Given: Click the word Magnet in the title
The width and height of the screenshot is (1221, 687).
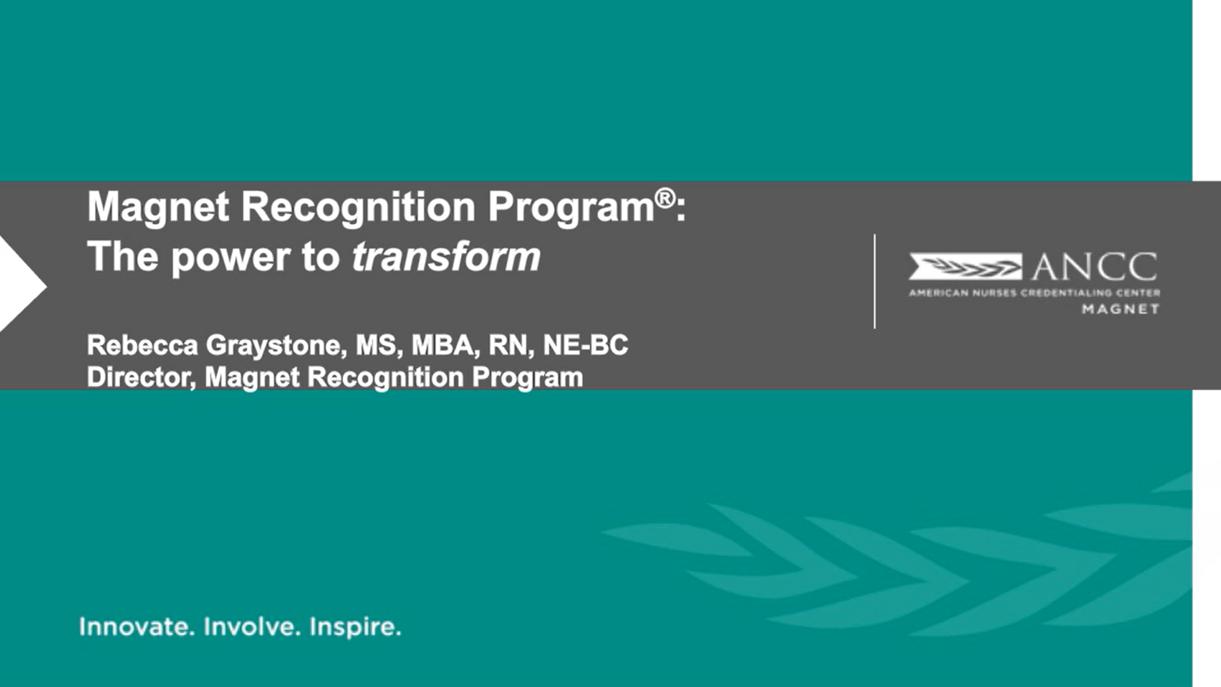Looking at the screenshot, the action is pos(158,207).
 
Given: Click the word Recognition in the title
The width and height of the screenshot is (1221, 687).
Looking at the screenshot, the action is pos(359,208).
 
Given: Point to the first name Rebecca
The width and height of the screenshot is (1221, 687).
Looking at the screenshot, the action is pos(142,345).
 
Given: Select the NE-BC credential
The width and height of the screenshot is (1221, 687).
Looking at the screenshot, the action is pos(586,345).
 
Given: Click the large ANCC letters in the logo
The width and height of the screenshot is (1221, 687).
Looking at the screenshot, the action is pos(1094,267).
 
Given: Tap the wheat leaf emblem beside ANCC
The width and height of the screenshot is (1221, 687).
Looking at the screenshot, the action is pos(965,267).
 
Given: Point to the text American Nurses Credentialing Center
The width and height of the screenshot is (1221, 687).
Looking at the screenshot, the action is pos(1035,293).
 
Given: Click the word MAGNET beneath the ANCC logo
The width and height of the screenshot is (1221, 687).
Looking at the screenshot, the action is pos(1121,309).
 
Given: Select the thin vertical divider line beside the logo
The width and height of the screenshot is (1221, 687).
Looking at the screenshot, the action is pos(875,281).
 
